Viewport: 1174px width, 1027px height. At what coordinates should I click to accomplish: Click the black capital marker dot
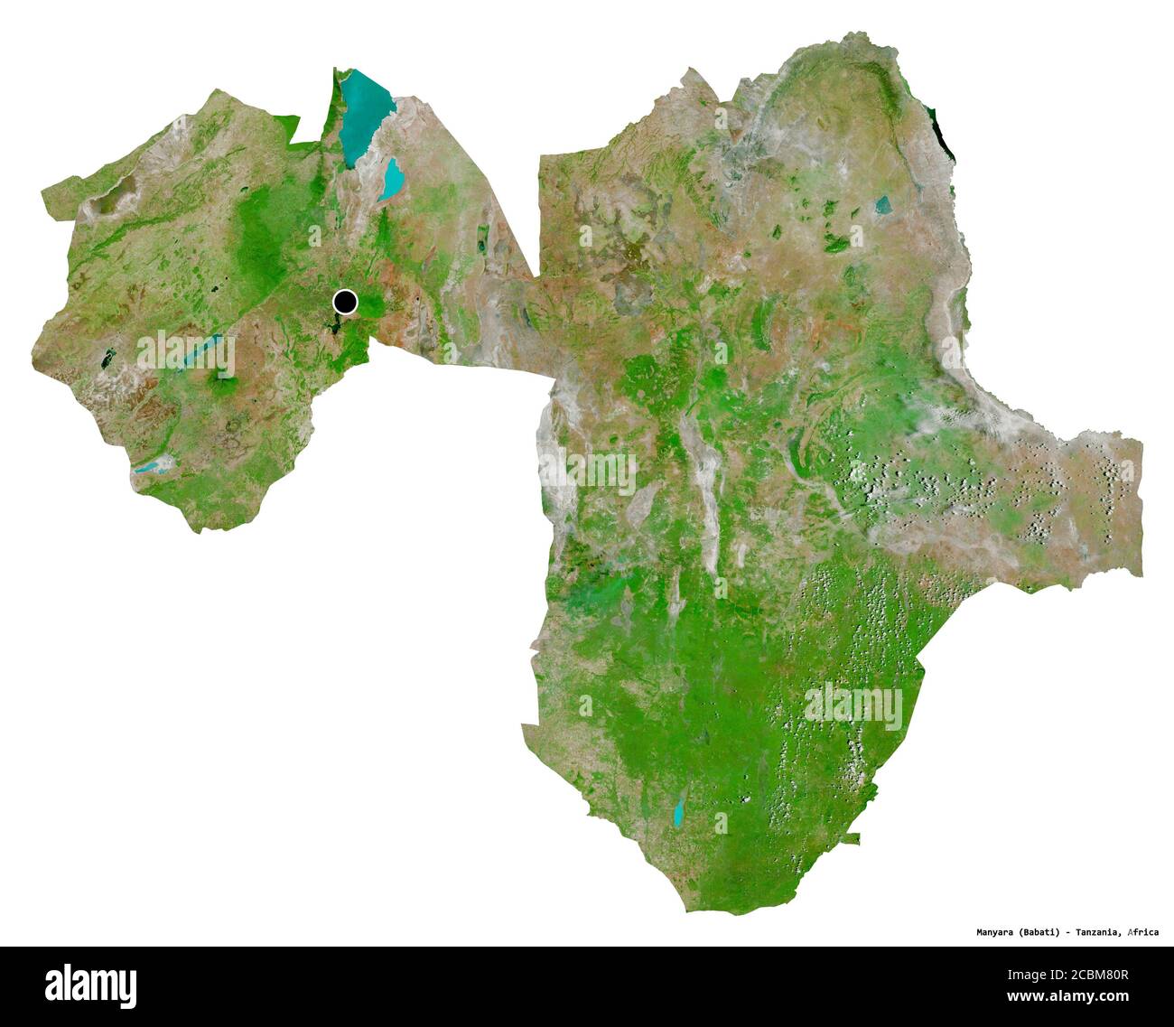(x=345, y=302)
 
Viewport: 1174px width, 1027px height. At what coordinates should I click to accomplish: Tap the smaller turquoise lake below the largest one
(x=393, y=180)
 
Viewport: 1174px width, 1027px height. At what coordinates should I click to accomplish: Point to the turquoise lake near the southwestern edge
(x=151, y=467)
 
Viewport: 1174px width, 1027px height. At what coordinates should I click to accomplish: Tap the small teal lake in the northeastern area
(x=882, y=206)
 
